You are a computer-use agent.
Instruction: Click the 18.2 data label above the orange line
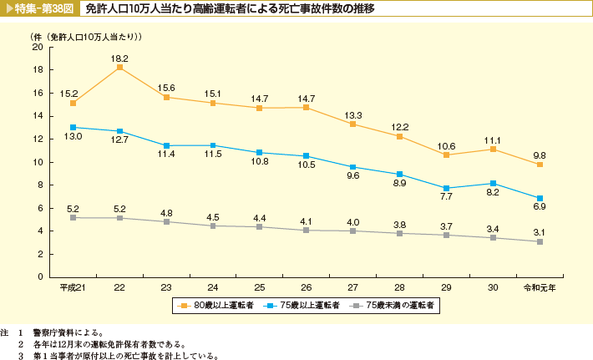click(x=119, y=58)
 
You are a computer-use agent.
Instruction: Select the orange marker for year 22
click(x=119, y=68)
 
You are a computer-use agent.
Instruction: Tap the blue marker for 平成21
click(x=73, y=127)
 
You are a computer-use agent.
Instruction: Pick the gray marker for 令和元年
click(x=540, y=241)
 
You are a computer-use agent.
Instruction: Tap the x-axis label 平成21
click(x=73, y=287)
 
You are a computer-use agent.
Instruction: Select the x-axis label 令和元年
click(x=540, y=287)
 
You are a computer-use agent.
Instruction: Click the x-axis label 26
click(x=307, y=287)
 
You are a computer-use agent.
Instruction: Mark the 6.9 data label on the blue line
click(x=539, y=205)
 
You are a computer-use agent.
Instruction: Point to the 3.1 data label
click(x=539, y=231)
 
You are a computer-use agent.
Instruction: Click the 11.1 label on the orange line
click(x=493, y=140)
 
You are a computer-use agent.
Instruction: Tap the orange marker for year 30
click(x=494, y=150)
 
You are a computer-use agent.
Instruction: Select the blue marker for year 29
click(x=447, y=188)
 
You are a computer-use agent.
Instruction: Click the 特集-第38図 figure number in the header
click(x=39, y=8)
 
